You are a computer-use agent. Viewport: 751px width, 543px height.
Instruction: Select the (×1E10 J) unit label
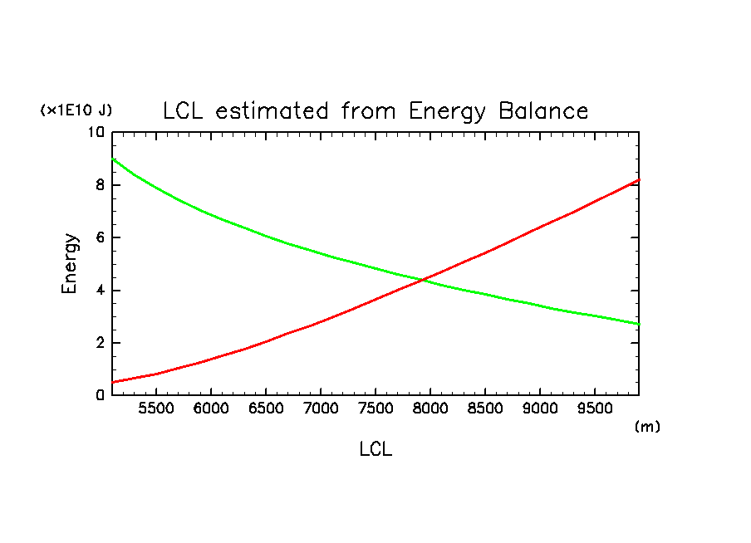pyautogui.click(x=76, y=110)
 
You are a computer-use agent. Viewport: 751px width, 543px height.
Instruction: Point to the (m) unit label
pyautogui.click(x=646, y=426)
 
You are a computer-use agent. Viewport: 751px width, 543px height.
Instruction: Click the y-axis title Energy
pyautogui.click(x=71, y=263)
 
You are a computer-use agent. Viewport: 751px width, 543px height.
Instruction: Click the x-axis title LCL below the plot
pyautogui.click(x=375, y=450)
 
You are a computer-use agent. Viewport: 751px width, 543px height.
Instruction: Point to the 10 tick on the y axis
pyautogui.click(x=97, y=132)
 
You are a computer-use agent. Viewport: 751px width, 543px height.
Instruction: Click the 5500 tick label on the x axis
pyautogui.click(x=156, y=408)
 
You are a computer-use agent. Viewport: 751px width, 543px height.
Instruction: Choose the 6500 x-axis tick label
pyautogui.click(x=266, y=408)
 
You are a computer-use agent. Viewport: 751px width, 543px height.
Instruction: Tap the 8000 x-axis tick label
pyautogui.click(x=430, y=408)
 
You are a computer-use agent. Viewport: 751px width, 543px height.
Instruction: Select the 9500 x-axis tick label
pyautogui.click(x=595, y=408)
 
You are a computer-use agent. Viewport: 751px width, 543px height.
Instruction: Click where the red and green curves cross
pyautogui.click(x=424, y=279)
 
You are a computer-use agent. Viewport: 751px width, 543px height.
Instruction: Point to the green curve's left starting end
pyautogui.click(x=113, y=159)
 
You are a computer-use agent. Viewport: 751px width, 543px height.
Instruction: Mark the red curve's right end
pyautogui.click(x=638, y=179)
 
